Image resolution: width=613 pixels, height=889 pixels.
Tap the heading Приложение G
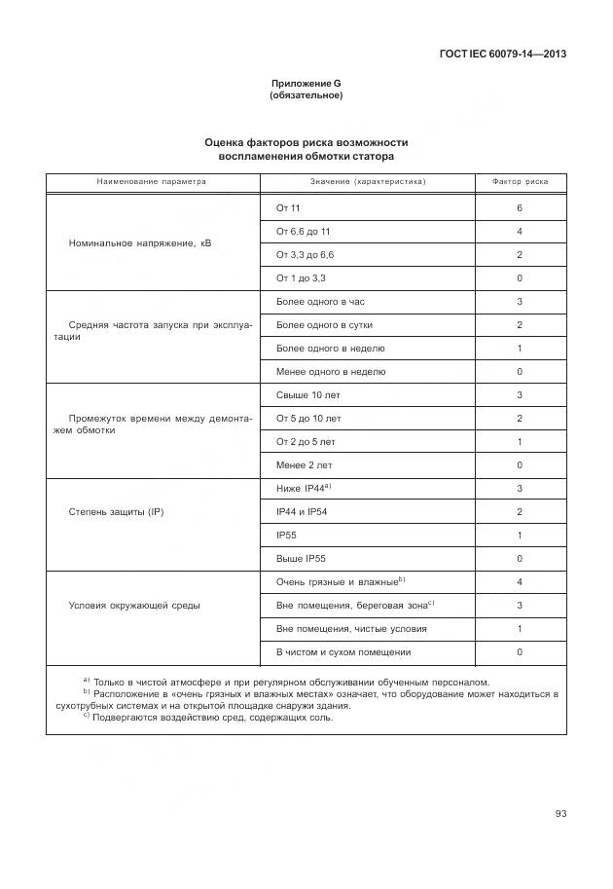pyautogui.click(x=306, y=84)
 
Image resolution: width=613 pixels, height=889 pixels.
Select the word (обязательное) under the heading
pyautogui.click(x=306, y=95)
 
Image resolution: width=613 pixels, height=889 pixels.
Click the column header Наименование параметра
pyautogui.click(x=151, y=182)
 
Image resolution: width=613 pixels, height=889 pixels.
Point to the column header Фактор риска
pyautogui.click(x=520, y=182)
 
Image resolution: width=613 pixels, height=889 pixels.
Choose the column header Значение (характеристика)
pyautogui.click(x=368, y=182)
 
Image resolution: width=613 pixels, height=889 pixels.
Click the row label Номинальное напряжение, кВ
pyautogui.click(x=140, y=242)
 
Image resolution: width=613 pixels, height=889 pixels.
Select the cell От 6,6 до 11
pyautogui.click(x=304, y=232)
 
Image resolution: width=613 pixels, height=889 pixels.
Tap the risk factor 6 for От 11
pyautogui.click(x=520, y=208)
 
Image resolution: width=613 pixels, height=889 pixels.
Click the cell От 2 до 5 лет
pyautogui.click(x=306, y=442)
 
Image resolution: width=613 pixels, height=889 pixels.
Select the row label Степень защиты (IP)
pyautogui.click(x=116, y=511)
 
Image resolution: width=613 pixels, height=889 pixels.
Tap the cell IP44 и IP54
pyautogui.click(x=302, y=512)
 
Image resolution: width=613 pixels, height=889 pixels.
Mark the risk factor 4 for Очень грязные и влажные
pyautogui.click(x=520, y=582)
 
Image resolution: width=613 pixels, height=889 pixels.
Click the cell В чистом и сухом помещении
pyautogui.click(x=343, y=652)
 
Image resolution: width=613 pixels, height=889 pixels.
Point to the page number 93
pyautogui.click(x=560, y=814)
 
